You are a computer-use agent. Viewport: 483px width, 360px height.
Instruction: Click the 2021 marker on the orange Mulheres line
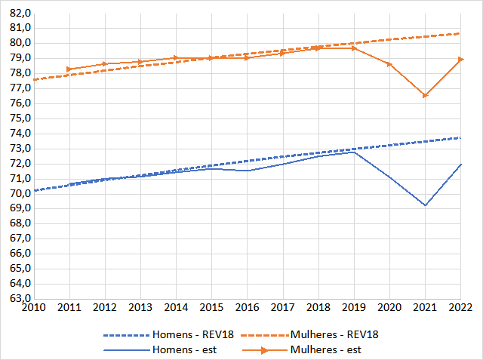426,96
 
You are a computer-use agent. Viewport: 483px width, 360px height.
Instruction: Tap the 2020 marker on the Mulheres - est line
390,64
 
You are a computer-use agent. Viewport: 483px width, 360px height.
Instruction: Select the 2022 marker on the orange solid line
461,59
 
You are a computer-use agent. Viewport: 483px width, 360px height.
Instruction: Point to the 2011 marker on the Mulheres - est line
69,69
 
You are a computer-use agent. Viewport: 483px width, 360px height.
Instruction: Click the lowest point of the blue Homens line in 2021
426,205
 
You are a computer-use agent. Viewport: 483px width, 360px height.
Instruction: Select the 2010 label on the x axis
33,308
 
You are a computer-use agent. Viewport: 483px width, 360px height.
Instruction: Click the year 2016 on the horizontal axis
248,308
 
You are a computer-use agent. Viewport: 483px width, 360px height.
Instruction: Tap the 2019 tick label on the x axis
354,308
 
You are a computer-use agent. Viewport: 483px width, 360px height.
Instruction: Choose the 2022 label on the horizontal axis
461,308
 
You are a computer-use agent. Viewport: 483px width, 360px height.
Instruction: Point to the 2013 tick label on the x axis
140,308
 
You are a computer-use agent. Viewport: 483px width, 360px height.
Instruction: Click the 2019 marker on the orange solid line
354,48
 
